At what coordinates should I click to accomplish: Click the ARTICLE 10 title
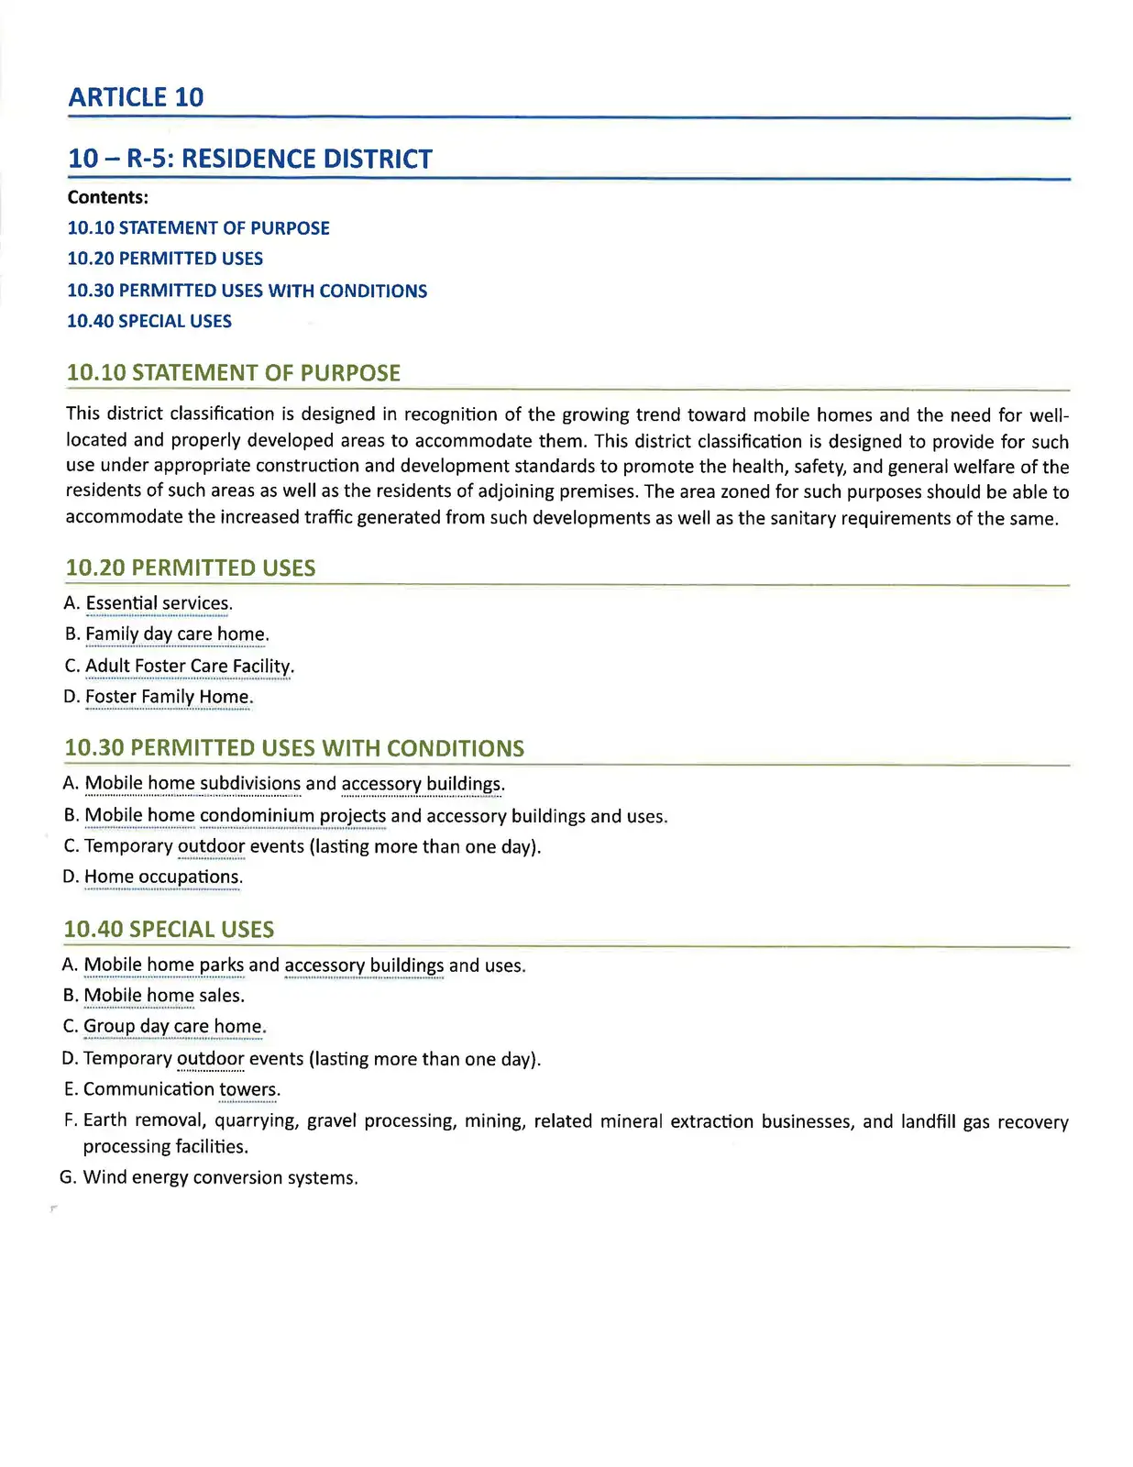pyautogui.click(x=136, y=97)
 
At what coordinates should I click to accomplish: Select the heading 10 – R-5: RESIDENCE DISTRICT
pyautogui.click(x=249, y=159)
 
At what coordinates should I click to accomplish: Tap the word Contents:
pyautogui.click(x=107, y=197)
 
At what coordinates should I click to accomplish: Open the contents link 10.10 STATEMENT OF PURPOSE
pyautogui.click(x=198, y=227)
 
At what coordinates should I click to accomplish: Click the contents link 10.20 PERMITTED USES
pyautogui.click(x=165, y=259)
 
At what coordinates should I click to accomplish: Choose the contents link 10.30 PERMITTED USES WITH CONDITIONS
pyautogui.click(x=247, y=291)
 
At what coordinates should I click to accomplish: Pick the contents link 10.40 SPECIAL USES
pyautogui.click(x=149, y=321)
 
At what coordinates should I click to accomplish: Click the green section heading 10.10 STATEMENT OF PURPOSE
pyautogui.click(x=233, y=373)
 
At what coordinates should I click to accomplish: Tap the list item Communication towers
pyautogui.click(x=181, y=1089)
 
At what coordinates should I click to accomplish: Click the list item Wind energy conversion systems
pyautogui.click(x=220, y=1177)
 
